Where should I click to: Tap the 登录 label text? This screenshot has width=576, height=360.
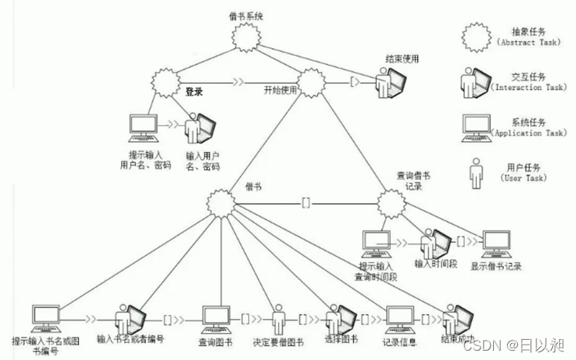[x=194, y=92]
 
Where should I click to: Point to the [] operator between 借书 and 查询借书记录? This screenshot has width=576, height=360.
[x=305, y=203]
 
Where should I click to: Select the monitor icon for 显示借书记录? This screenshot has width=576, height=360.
[x=495, y=243]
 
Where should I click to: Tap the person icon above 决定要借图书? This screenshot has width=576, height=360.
[x=279, y=317]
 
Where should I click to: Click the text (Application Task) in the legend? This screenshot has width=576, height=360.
[x=529, y=133]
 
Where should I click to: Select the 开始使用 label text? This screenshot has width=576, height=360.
[x=279, y=91]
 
